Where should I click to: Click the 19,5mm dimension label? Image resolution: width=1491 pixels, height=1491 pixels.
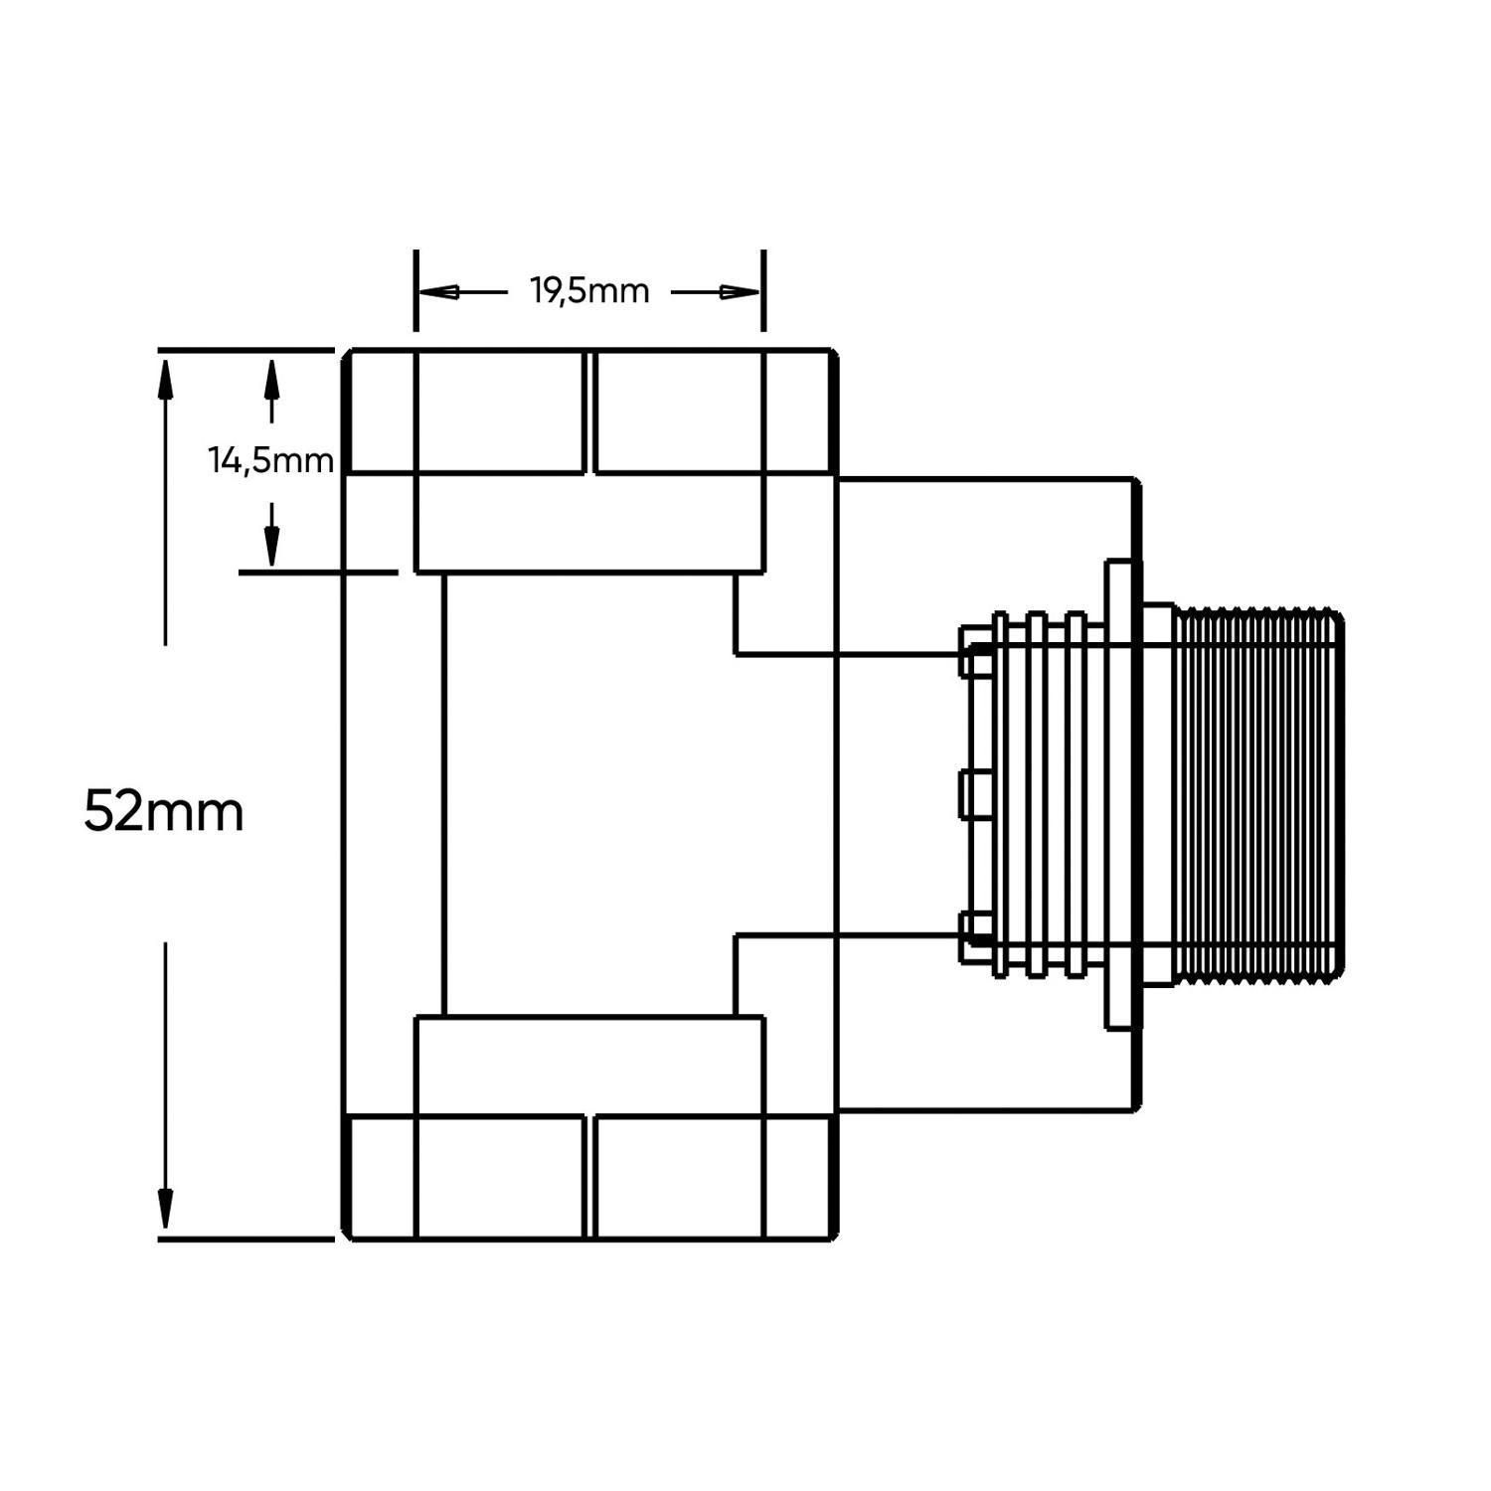pos(589,291)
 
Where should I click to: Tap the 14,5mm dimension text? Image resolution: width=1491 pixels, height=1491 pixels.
pos(270,460)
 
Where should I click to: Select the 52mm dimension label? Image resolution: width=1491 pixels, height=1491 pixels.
pos(164,811)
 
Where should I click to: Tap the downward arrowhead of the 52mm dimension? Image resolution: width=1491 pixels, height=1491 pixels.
pos(166,1209)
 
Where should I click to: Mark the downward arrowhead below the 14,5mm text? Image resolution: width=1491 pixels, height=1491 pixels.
pos(271,545)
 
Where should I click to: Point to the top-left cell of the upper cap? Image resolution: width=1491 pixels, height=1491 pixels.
pos(500,412)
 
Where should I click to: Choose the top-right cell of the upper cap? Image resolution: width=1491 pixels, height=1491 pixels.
pos(679,412)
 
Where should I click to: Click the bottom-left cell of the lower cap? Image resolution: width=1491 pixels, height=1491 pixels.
pos(500,1176)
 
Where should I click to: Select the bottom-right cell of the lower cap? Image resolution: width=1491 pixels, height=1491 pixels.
pos(679,1176)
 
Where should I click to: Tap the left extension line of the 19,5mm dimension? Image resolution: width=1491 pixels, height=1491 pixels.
pos(415,290)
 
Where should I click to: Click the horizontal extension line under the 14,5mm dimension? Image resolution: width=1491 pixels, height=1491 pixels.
pos(318,572)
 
